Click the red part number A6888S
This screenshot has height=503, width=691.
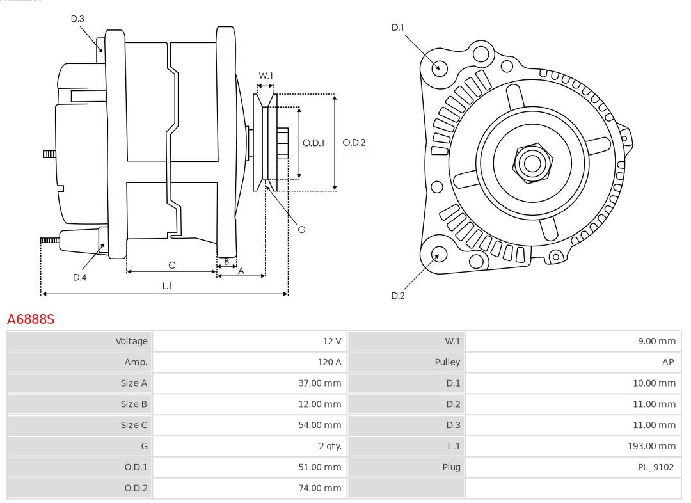pyautogui.click(x=31, y=319)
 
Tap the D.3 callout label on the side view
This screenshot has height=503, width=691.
pyautogui.click(x=77, y=19)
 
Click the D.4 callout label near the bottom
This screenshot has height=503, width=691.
pyautogui.click(x=79, y=277)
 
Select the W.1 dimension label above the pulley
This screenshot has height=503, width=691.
pyautogui.click(x=266, y=76)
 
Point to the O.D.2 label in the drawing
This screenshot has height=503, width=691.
pyautogui.click(x=354, y=143)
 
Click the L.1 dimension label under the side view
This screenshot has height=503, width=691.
pyautogui.click(x=167, y=286)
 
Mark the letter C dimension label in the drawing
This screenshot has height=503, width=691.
pyautogui.click(x=171, y=265)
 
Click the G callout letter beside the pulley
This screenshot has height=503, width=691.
pyautogui.click(x=301, y=229)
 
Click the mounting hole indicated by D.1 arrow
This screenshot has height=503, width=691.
pyautogui.click(x=440, y=67)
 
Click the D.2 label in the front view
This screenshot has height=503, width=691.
pyautogui.click(x=398, y=296)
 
